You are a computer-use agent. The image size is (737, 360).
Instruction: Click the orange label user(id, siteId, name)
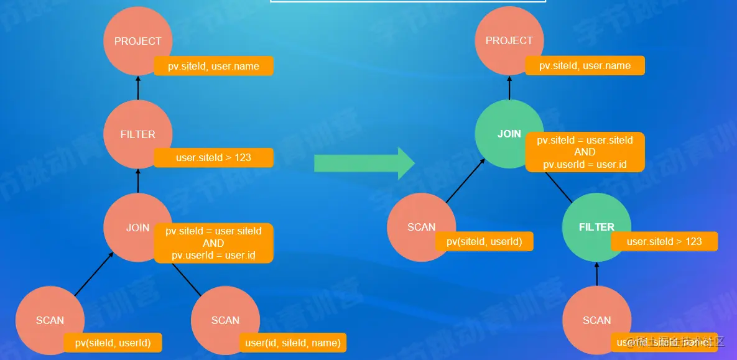(x=293, y=343)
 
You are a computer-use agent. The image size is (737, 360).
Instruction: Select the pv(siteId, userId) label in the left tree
(x=113, y=343)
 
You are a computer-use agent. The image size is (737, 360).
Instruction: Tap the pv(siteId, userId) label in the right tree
(x=484, y=241)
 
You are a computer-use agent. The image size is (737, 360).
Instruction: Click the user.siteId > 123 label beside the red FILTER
(x=213, y=158)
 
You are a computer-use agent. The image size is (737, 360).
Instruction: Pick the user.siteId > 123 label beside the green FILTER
(x=664, y=241)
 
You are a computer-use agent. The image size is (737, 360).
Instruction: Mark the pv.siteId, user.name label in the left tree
(x=213, y=66)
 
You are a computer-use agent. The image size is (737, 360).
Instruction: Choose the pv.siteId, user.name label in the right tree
(x=585, y=66)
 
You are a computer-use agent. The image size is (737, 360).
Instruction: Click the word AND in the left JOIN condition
(x=213, y=243)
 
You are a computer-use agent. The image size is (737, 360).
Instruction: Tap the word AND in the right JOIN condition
(x=585, y=152)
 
